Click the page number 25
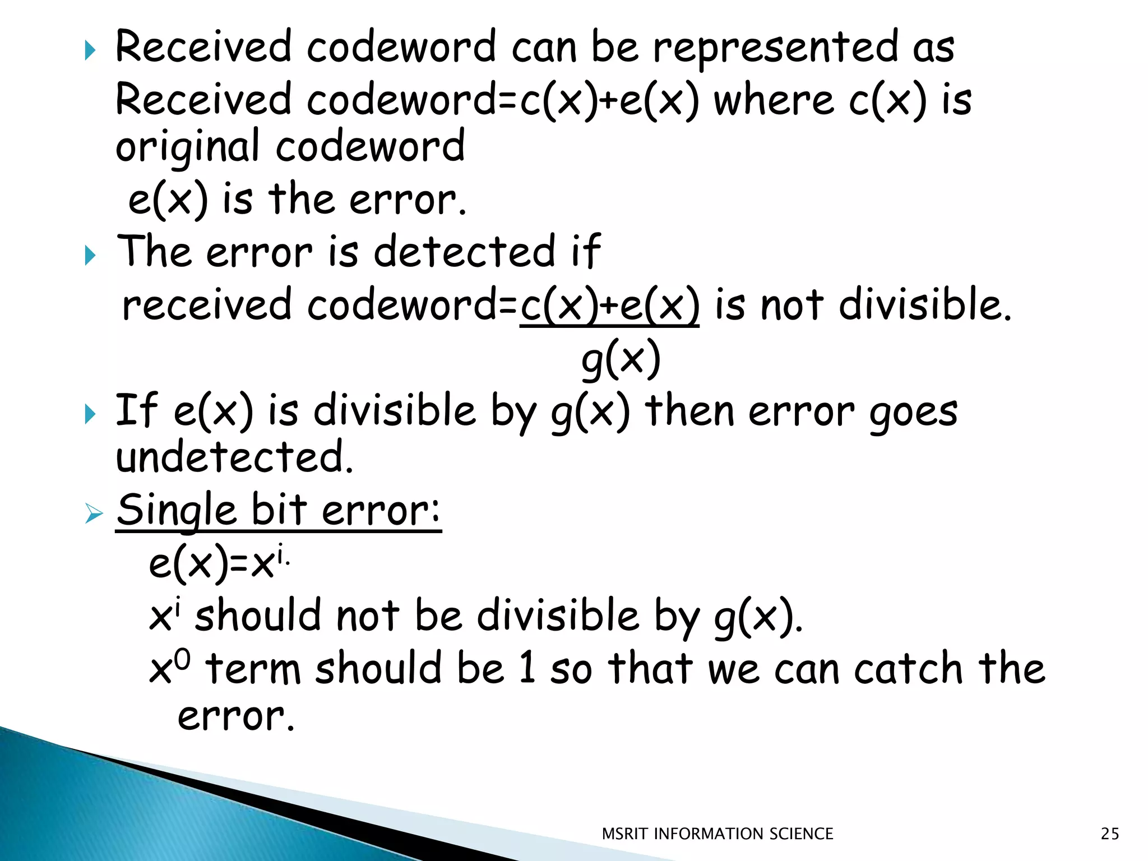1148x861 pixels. click(1109, 834)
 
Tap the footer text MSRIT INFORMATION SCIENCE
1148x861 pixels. click(717, 834)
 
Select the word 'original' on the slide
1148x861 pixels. click(188, 147)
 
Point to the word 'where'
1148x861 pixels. click(774, 101)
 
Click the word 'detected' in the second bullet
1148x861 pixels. click(465, 252)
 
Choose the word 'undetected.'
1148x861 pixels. click(234, 457)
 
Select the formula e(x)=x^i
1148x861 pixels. click(219, 563)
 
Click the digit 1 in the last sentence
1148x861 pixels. click(527, 668)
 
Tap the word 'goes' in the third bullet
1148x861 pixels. click(913, 412)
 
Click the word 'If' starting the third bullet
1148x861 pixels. click(136, 411)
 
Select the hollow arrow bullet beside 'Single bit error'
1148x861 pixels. click(94, 513)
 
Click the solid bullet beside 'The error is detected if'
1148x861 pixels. click(90, 256)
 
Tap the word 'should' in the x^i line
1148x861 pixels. click(258, 616)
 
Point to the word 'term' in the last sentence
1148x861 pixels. click(253, 669)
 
